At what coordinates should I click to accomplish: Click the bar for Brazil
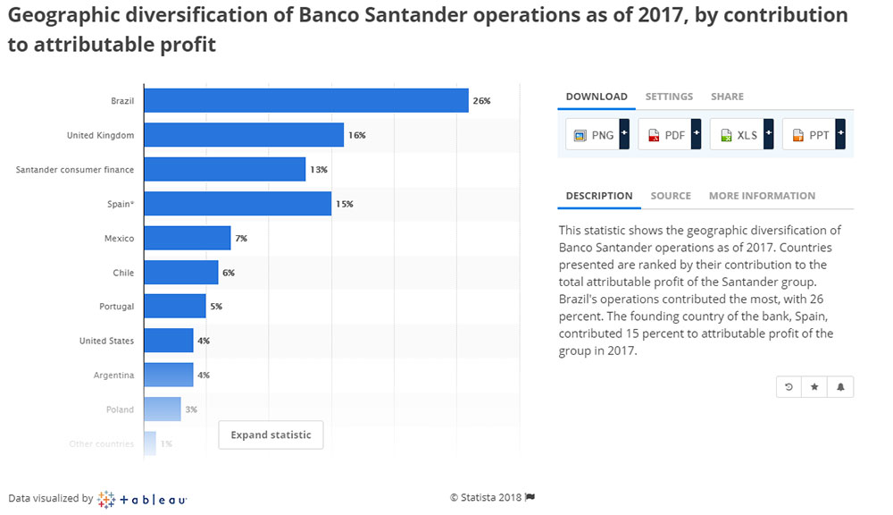tap(305, 101)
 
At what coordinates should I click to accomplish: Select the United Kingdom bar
tap(243, 135)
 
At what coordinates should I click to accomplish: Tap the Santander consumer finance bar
tap(224, 169)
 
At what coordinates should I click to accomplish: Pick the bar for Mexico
tap(187, 238)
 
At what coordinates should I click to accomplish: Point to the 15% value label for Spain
tap(345, 204)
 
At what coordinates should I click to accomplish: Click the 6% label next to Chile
tap(229, 273)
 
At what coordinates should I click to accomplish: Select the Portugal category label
tap(116, 307)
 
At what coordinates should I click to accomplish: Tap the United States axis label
tap(106, 341)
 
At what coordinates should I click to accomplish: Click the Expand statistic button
tap(271, 435)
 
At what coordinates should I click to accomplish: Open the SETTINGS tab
tap(669, 97)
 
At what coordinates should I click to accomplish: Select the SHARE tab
tap(727, 97)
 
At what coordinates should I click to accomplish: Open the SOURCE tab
tap(671, 196)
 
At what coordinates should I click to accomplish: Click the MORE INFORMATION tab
tap(762, 196)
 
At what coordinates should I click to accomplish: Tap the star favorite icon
tap(814, 387)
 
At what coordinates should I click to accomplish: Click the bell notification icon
tap(840, 387)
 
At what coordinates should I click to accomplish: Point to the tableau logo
tap(142, 499)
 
